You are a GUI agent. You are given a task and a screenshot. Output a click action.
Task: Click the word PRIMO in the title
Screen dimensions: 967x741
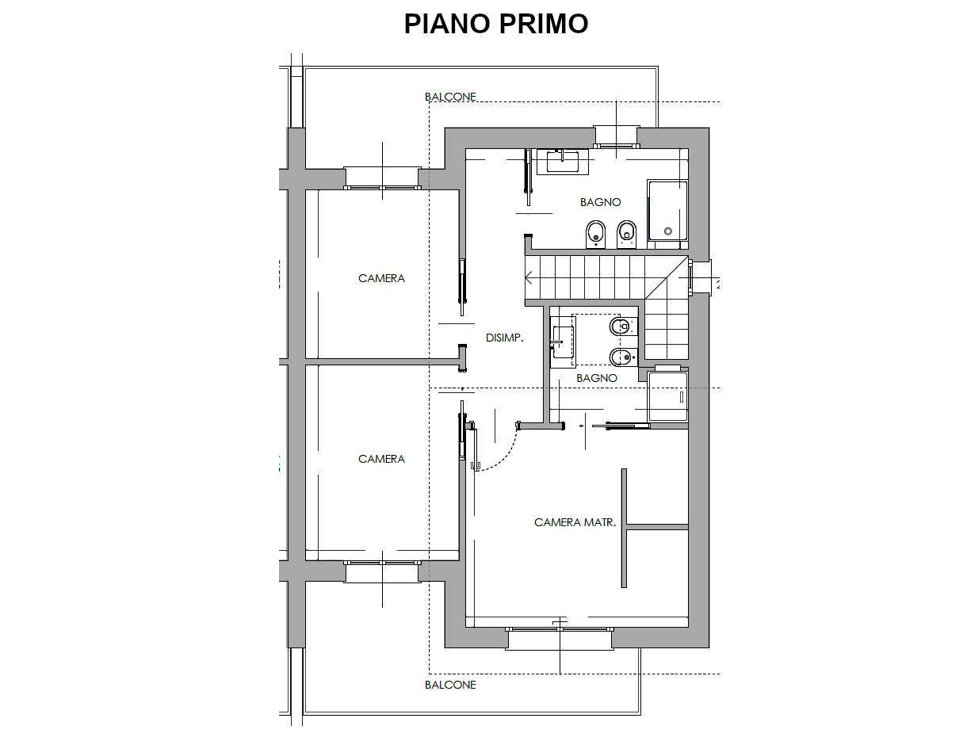(x=544, y=24)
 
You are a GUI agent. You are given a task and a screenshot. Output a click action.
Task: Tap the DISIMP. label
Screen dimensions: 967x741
(x=504, y=338)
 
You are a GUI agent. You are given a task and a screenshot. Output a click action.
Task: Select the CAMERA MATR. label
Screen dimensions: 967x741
(x=575, y=522)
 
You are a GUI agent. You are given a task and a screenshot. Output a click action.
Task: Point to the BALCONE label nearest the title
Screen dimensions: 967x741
(x=450, y=97)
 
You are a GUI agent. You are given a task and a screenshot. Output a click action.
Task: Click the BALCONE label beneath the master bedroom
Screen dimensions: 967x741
(x=450, y=685)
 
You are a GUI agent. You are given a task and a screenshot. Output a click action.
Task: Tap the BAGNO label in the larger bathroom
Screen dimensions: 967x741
(x=600, y=202)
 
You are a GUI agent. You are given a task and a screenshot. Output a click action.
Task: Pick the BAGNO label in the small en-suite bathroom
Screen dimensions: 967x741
(x=597, y=378)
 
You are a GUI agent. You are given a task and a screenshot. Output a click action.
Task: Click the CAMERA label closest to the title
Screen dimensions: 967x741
(x=381, y=278)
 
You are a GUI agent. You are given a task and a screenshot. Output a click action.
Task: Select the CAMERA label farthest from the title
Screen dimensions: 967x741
(x=381, y=459)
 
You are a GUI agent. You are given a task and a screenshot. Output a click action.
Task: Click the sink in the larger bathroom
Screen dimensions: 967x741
(x=563, y=162)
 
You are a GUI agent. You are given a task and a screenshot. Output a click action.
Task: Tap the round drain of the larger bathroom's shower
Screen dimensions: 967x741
(x=667, y=231)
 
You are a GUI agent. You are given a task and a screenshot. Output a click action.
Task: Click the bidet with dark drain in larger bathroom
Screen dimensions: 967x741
(x=596, y=234)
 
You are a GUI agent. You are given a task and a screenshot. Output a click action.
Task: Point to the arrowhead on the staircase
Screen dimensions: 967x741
(x=529, y=279)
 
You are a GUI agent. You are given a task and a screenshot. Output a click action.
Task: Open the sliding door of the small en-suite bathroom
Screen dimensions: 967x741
(x=621, y=426)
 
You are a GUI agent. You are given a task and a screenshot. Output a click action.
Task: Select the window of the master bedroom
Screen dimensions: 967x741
(x=560, y=629)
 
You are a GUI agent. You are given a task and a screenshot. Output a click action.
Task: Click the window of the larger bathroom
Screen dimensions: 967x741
(x=616, y=145)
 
